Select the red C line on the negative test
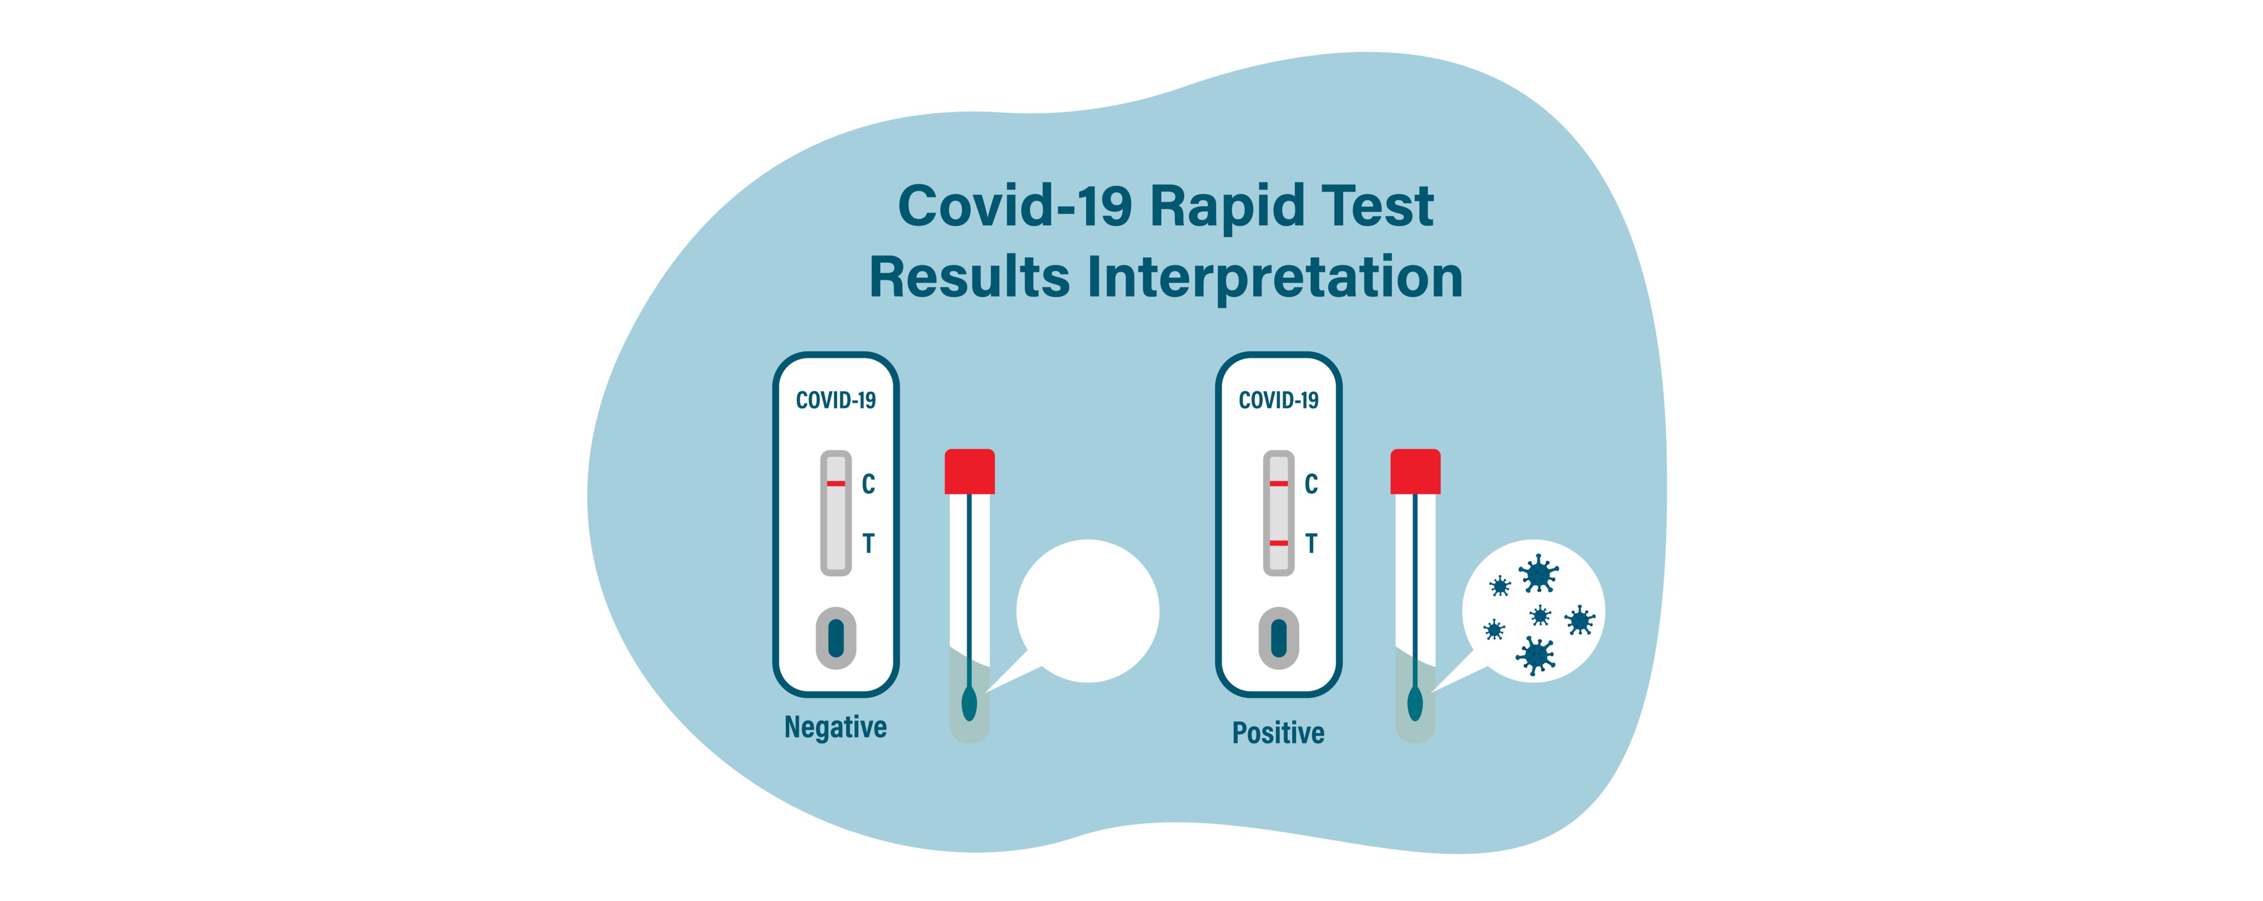[836, 483]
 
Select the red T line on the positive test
[1278, 543]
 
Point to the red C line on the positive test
[1278, 483]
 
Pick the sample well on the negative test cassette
[836, 638]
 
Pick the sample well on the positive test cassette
[1278, 638]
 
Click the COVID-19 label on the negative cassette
[836, 401]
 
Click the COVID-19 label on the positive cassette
[1278, 401]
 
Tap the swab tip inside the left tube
[969, 703]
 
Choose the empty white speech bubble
[1087, 611]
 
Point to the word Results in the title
[969, 277]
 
